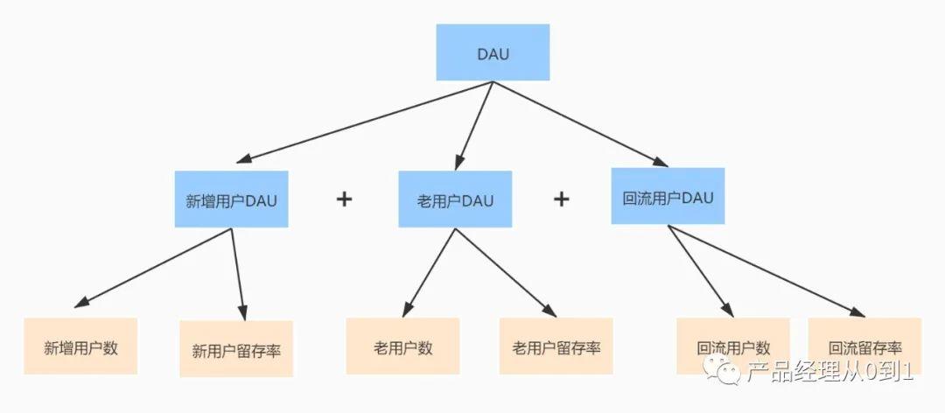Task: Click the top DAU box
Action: pos(493,52)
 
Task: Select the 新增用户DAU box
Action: pos(231,199)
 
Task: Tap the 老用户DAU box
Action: pos(455,199)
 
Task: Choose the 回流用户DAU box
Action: pos(668,196)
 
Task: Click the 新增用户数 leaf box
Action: pos(80,346)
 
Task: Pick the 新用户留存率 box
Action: pos(236,349)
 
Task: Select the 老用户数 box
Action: pos(402,346)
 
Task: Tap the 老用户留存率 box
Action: pos(556,346)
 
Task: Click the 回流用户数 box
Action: pos(733,346)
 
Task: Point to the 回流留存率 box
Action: pos(864,346)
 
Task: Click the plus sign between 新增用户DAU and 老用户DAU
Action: pos(344,199)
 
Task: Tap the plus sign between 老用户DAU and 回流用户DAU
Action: pos(561,199)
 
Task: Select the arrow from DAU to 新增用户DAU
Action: pos(367,122)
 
